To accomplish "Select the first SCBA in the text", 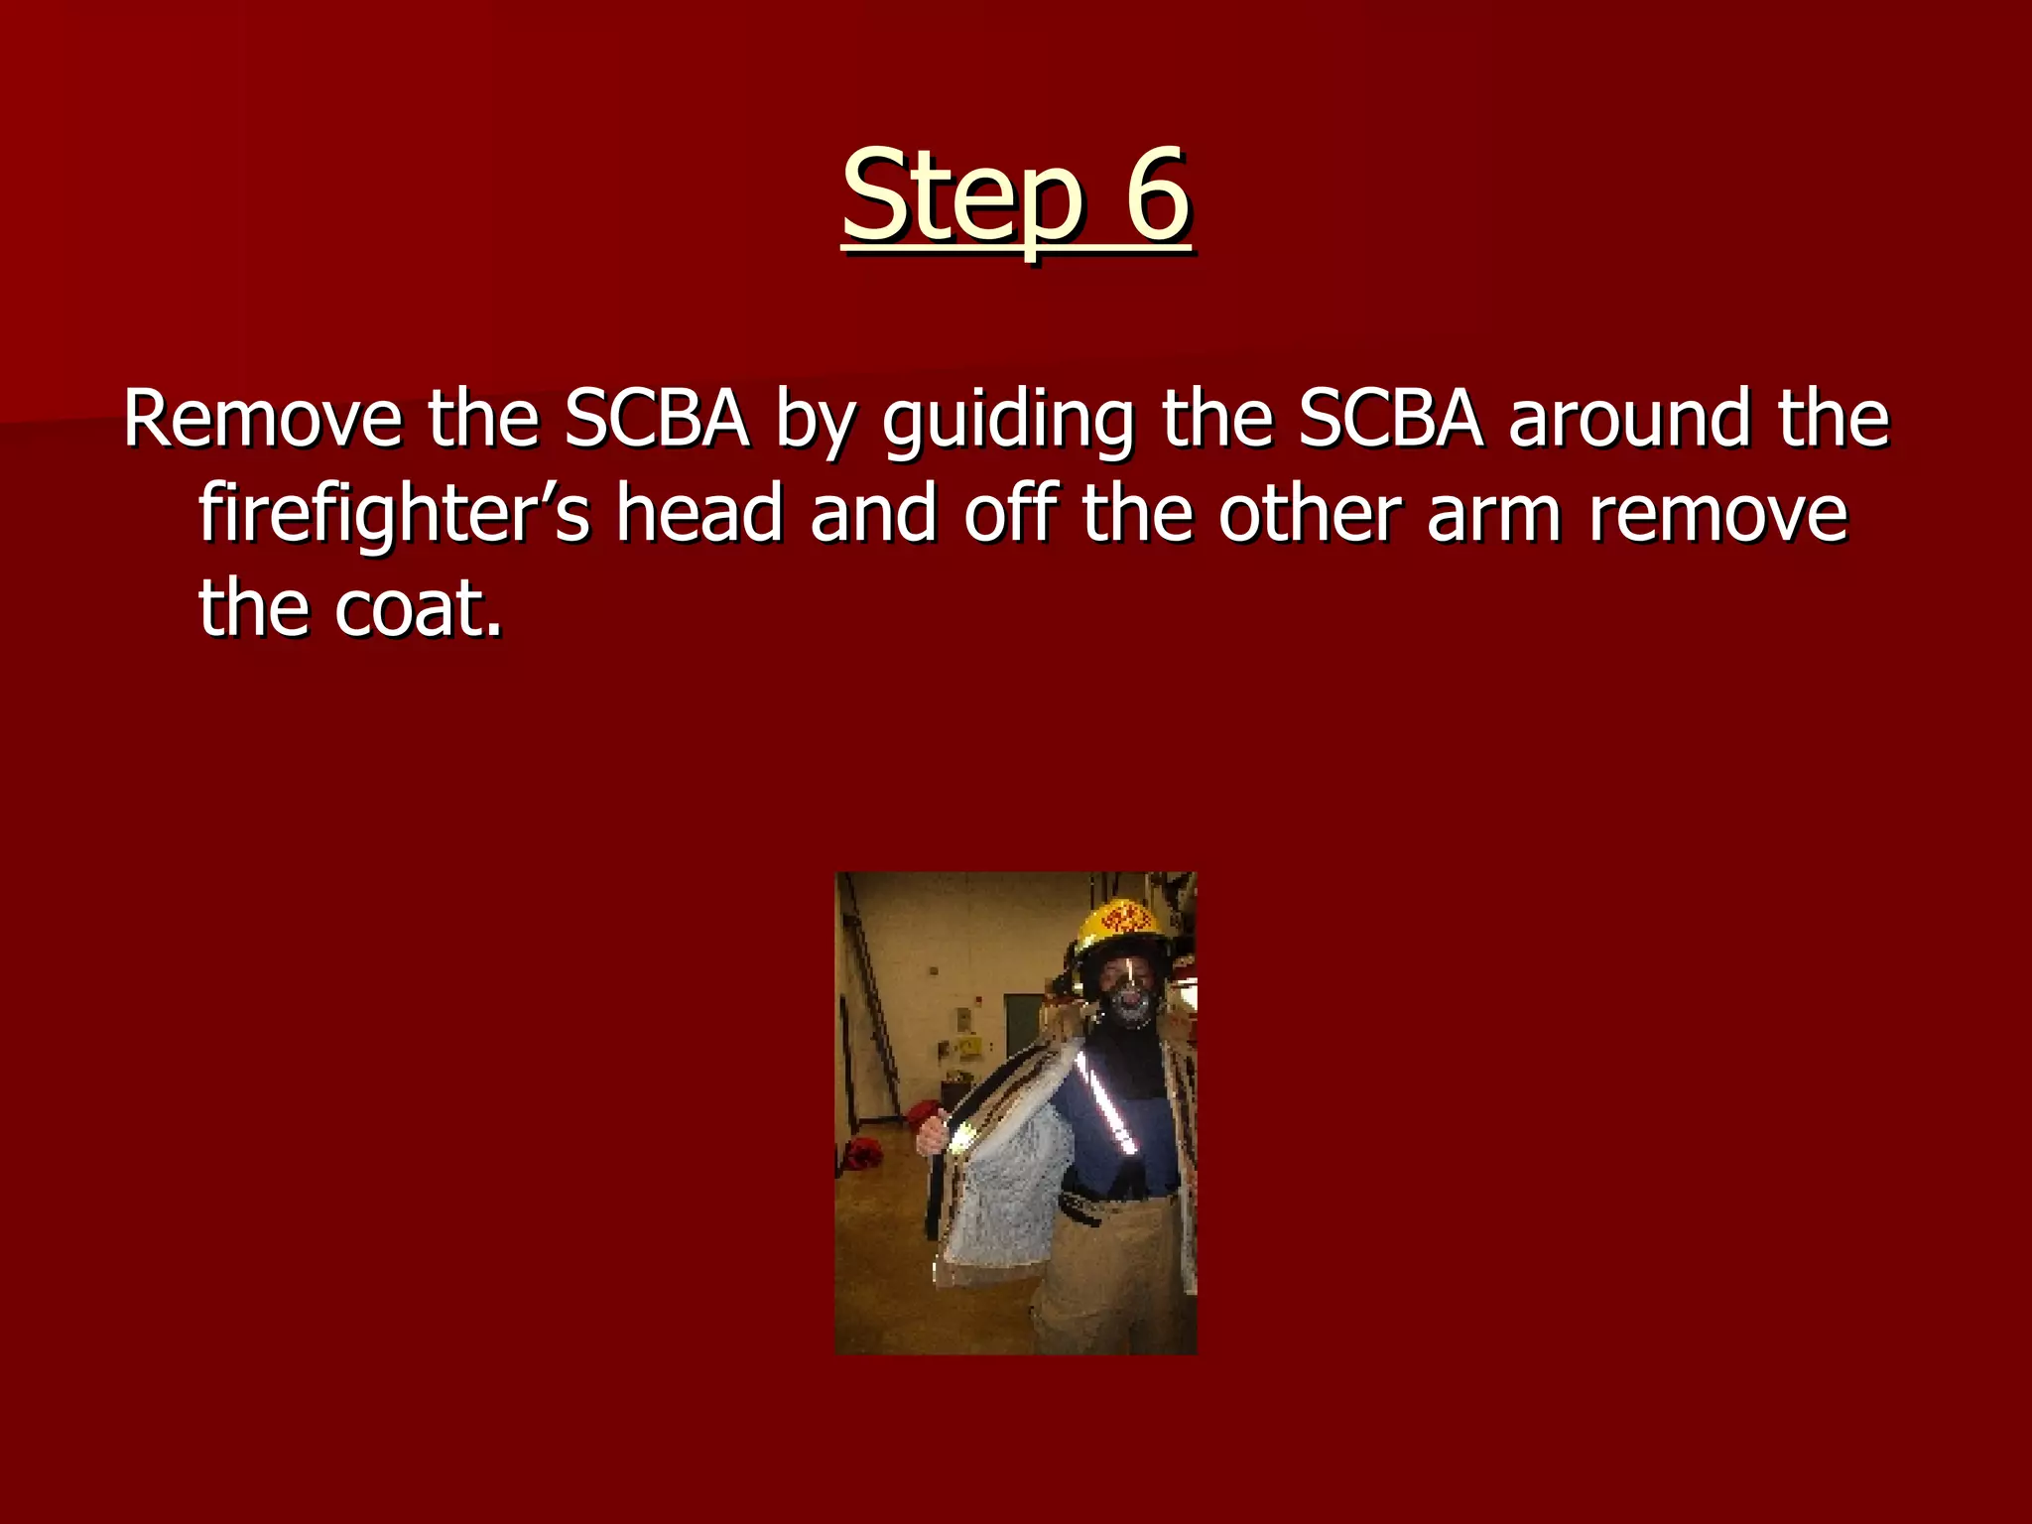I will [x=656, y=420].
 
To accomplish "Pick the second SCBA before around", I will [x=1390, y=420].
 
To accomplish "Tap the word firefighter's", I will [x=394, y=516].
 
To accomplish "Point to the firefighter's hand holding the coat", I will [x=933, y=1135].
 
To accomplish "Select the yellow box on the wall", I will [x=970, y=1045].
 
